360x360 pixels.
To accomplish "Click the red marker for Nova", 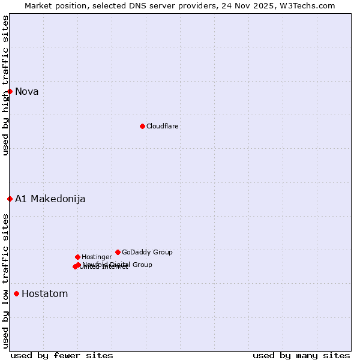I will click(10, 91).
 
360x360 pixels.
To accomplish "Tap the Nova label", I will click(27, 92).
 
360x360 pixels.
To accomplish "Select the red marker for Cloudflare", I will click(142, 126).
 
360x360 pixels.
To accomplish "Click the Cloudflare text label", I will click(162, 127).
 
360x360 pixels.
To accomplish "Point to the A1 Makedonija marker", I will click(10, 199).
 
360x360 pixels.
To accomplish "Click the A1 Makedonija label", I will click(50, 199).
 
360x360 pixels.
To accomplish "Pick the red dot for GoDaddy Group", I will click(118, 252).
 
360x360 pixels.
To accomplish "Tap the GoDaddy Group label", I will click(147, 253).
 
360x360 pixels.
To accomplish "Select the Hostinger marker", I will click(77, 257).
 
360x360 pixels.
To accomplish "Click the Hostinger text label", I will click(97, 257).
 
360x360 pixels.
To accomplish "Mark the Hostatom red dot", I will click(16, 293).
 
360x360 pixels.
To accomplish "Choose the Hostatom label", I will click(45, 294).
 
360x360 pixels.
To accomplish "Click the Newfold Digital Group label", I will click(118, 265).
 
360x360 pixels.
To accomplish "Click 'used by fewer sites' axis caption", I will click(62, 355).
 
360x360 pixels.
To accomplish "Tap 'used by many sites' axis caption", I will click(301, 355).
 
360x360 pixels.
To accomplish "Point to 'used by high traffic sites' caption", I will click(5, 85).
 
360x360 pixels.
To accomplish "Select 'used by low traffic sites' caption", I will click(5, 281).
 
